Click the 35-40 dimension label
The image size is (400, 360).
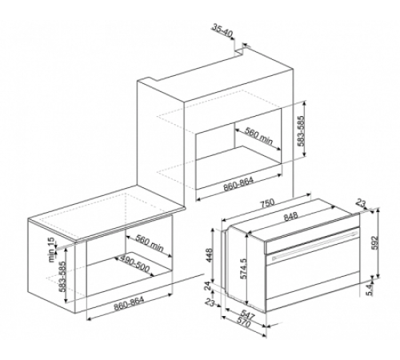tap(223, 30)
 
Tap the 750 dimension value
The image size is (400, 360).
tap(267, 203)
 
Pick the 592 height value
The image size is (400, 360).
tap(375, 242)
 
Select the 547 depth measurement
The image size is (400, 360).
tap(246, 315)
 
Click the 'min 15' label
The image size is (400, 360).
tap(51, 250)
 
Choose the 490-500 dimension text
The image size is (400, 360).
tap(134, 264)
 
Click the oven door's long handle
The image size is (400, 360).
tap(314, 245)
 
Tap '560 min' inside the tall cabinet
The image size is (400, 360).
tap(258, 136)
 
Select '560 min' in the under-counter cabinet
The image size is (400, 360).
tap(150, 243)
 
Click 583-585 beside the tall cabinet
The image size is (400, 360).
tap(301, 131)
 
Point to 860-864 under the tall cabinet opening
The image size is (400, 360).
tap(238, 184)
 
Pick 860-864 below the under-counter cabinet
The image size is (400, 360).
tap(129, 304)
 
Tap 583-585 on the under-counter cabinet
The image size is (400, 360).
tap(62, 278)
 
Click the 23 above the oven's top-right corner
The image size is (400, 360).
tap(361, 203)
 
